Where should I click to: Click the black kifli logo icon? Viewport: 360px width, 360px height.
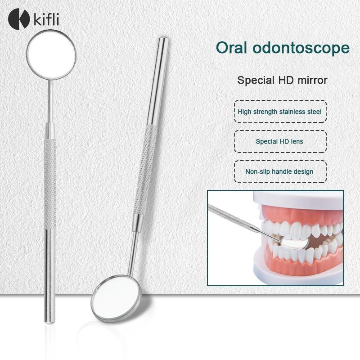pos(19,18)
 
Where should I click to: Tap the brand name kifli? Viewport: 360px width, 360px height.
pos(46,19)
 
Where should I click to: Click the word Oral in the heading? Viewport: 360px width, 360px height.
pos(232,48)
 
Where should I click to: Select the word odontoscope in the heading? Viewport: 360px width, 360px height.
pos(301,48)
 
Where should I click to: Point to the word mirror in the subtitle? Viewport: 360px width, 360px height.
pos(312,81)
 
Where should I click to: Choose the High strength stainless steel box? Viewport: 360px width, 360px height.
pos(280,111)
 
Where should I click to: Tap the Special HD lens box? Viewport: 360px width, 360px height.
pos(280,141)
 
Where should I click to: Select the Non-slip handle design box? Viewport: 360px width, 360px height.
pos(280,171)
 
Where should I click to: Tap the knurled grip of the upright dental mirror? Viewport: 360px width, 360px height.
pos(50,184)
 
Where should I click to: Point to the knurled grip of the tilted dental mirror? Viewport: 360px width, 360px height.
pos(145,170)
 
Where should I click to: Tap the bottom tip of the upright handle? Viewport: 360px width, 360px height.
pos(50,322)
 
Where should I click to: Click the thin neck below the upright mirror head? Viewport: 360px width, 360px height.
pos(50,101)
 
